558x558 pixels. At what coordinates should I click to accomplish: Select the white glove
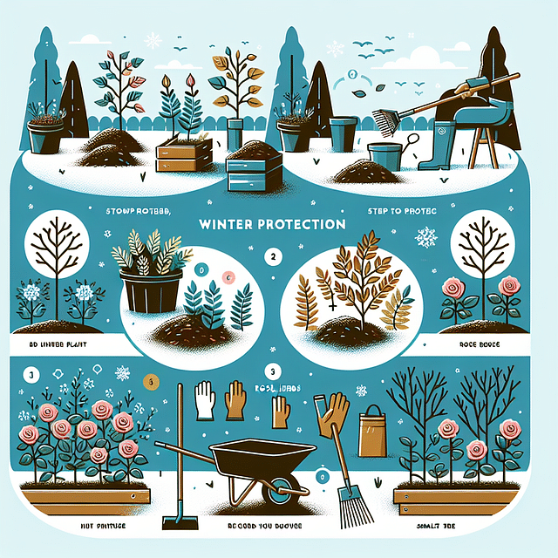click(204, 399)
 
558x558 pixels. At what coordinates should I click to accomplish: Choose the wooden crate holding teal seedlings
click(183, 156)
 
